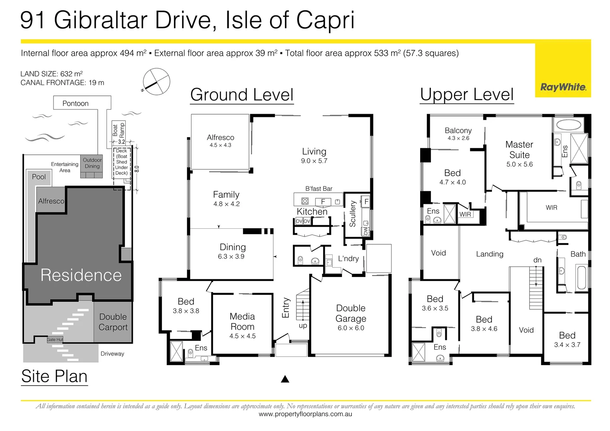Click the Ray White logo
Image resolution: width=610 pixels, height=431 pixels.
[563, 87]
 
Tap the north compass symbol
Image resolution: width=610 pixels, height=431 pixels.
[156, 82]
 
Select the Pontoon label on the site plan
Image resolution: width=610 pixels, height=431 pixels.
[75, 104]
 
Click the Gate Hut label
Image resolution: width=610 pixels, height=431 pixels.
[55, 340]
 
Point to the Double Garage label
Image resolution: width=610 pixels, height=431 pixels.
[351, 313]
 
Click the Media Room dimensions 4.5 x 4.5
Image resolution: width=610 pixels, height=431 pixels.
[242, 336]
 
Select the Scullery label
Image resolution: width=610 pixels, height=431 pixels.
[353, 214]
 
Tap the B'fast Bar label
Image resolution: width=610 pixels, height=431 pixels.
[319, 189]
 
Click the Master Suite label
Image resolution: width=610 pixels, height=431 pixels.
[519, 150]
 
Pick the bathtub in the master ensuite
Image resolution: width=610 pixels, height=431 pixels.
[569, 125]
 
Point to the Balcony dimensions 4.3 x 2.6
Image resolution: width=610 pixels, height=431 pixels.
[458, 138]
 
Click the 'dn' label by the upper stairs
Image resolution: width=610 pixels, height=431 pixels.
[537, 260]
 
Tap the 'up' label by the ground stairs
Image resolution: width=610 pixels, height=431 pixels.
[303, 326]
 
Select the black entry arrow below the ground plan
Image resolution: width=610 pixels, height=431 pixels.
[285, 379]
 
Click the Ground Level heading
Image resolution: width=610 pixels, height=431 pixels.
[242, 95]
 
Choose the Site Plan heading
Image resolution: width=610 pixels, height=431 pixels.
[54, 376]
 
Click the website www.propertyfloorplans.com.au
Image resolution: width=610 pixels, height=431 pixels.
[305, 414]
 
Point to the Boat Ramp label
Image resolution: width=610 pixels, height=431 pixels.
[118, 130]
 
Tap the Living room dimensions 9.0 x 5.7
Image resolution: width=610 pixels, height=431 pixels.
[314, 161]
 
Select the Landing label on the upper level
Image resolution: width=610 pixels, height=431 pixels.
[490, 254]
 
